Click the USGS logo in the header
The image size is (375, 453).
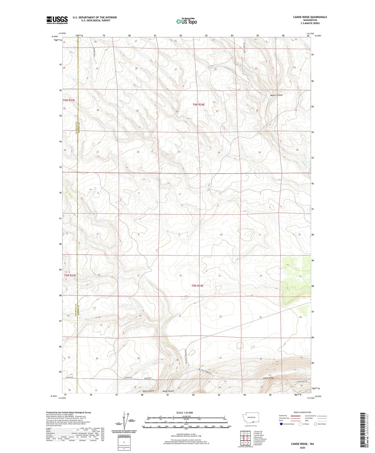pyautogui.click(x=57, y=20)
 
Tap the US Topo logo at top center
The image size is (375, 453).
pyautogui.click(x=186, y=21)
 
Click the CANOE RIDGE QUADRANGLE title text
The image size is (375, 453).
pyautogui.click(x=310, y=17)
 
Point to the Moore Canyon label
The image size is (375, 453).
pyautogui.click(x=276, y=95)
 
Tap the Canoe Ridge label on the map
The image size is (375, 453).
pyautogui.click(x=268, y=378)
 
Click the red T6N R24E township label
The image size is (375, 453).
pyautogui.click(x=199, y=105)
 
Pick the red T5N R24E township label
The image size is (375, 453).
pyautogui.click(x=197, y=286)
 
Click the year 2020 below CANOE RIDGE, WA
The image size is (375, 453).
pyautogui.click(x=302, y=448)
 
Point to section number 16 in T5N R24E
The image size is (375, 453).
pyautogui.click(x=180, y=276)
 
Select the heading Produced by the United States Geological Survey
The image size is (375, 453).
pyautogui.click(x=69, y=412)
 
